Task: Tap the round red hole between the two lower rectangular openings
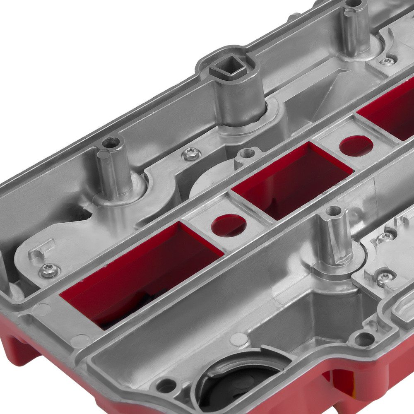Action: (x=229, y=225)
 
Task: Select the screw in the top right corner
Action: (x=388, y=61)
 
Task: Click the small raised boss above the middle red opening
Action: (x=247, y=154)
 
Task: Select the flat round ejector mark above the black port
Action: (x=239, y=339)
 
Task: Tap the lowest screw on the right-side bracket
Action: (x=384, y=277)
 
